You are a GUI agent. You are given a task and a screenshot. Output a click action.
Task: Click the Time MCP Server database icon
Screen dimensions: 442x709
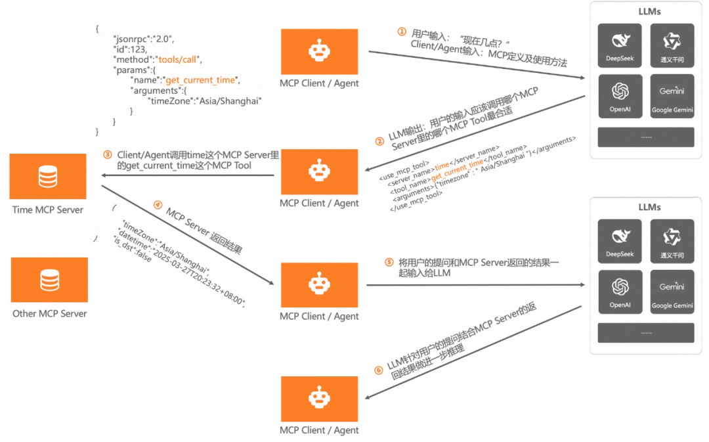(x=48, y=176)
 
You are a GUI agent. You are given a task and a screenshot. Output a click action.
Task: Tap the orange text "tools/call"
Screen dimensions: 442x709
(x=175, y=59)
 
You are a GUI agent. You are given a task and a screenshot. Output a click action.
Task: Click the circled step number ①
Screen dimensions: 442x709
(x=402, y=32)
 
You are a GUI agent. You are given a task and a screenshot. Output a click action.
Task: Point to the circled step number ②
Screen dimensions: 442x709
(x=379, y=141)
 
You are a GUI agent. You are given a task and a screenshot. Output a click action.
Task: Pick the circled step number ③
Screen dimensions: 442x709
(x=108, y=155)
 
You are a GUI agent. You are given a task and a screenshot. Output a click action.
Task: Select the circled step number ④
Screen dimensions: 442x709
(x=158, y=204)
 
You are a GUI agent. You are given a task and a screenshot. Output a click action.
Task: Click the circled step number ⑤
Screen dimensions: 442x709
(x=389, y=262)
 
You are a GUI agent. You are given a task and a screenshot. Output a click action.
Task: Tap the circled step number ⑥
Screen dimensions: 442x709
(x=378, y=370)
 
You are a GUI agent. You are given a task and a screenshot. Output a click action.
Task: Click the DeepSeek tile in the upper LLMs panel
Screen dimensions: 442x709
(x=620, y=45)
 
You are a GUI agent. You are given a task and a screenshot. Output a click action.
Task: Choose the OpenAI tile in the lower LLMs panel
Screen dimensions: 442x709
(x=620, y=292)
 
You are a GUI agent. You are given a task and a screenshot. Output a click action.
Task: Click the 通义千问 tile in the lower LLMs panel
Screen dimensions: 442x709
(x=672, y=242)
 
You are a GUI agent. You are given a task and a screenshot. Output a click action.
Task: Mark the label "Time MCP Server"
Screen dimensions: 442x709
(x=48, y=210)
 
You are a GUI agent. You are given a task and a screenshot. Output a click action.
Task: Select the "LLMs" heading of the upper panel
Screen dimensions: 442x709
(x=649, y=12)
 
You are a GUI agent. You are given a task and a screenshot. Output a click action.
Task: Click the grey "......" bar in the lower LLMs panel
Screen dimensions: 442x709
(x=646, y=333)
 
